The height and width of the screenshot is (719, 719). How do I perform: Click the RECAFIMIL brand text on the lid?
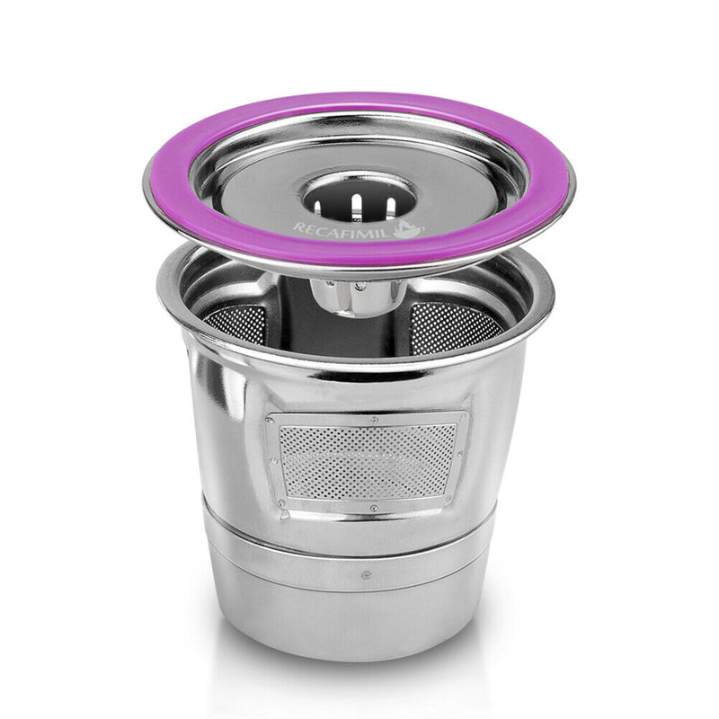pyautogui.click(x=346, y=228)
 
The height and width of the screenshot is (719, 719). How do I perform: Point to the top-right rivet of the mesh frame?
pyautogui.click(x=463, y=420)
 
